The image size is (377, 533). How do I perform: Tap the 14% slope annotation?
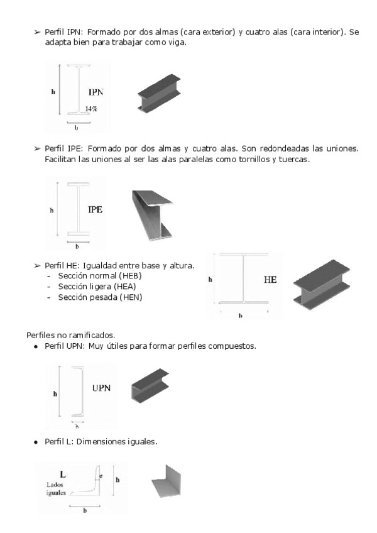(x=91, y=109)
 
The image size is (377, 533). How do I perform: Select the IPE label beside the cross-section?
(x=95, y=209)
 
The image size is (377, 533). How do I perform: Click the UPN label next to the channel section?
(x=101, y=387)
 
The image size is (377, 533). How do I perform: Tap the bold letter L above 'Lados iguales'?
(x=63, y=472)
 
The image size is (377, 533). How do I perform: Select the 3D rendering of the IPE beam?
(x=152, y=214)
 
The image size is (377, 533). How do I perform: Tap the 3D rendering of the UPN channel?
(x=150, y=385)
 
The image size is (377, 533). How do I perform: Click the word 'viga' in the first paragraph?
(x=176, y=42)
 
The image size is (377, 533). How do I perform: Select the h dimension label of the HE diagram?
(x=210, y=279)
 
